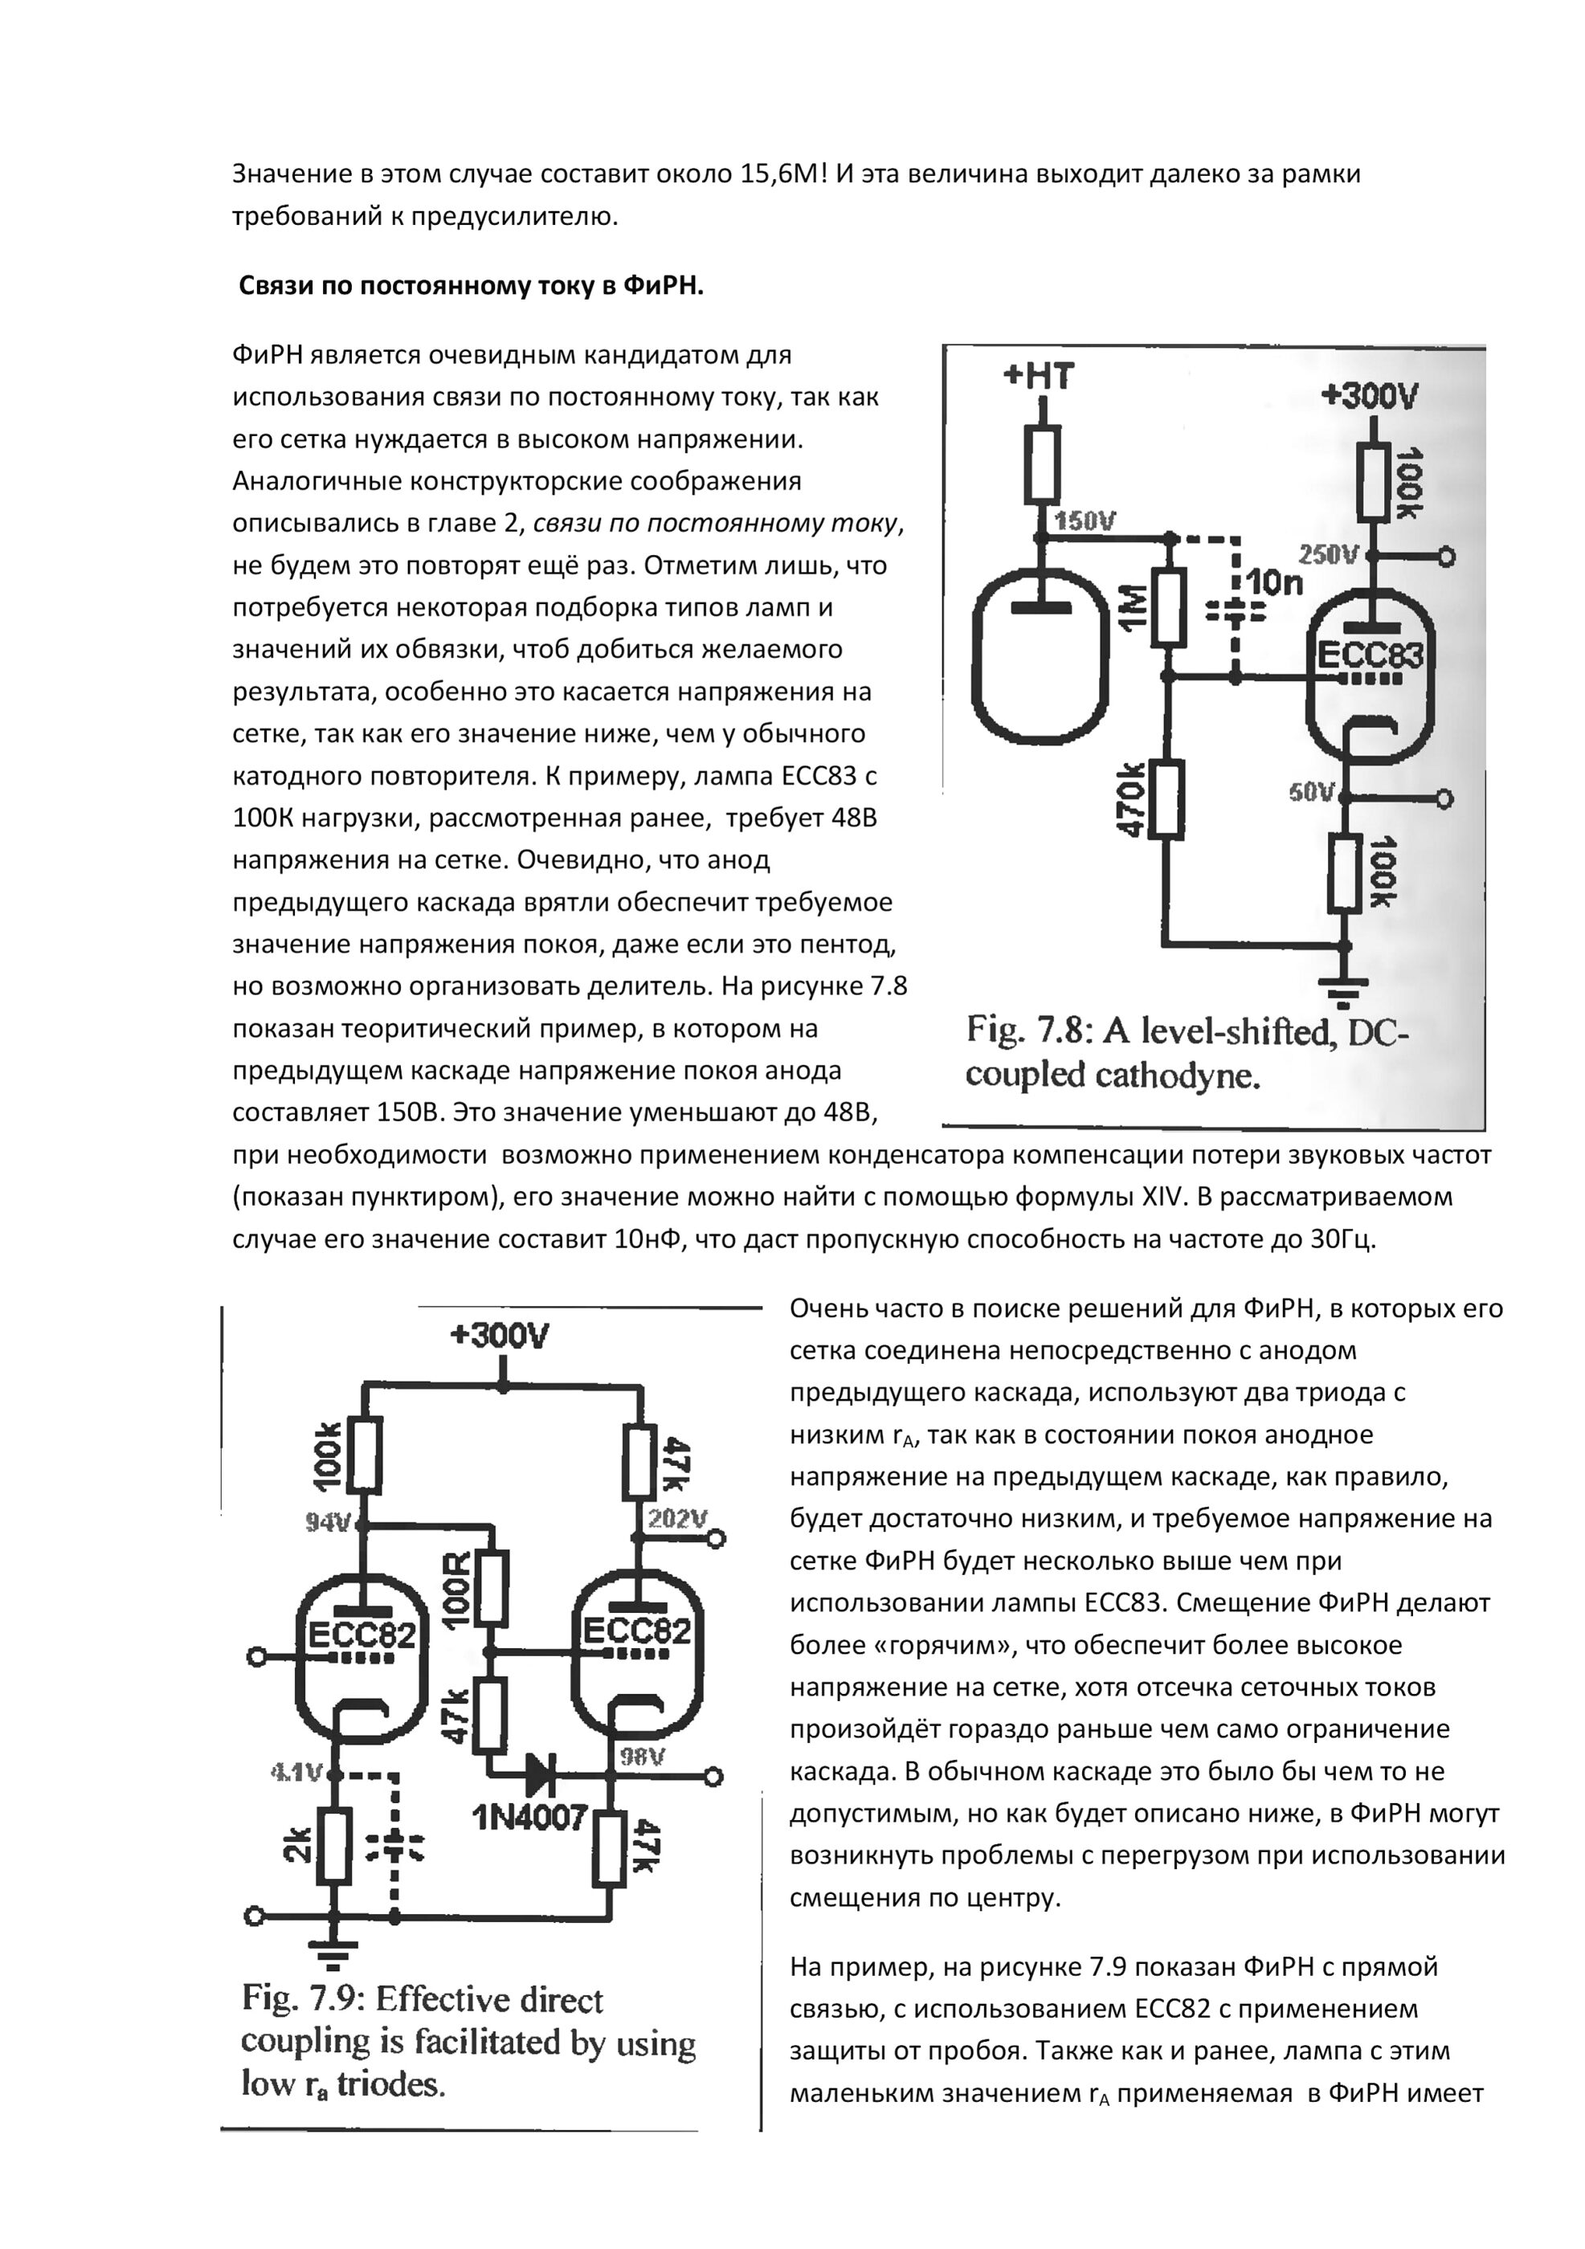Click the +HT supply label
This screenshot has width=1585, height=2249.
tap(1039, 376)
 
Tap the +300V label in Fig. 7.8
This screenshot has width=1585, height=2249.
tap(1370, 396)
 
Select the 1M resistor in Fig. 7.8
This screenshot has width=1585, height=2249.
tap(1168, 607)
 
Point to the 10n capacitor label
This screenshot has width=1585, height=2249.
tap(1273, 584)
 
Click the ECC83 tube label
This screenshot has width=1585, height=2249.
tap(1370, 655)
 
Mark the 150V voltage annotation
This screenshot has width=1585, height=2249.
tap(1085, 521)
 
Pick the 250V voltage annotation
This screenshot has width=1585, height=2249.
tap(1327, 555)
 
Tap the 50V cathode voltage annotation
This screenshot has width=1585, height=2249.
tap(1313, 791)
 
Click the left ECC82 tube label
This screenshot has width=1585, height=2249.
tap(362, 1634)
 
